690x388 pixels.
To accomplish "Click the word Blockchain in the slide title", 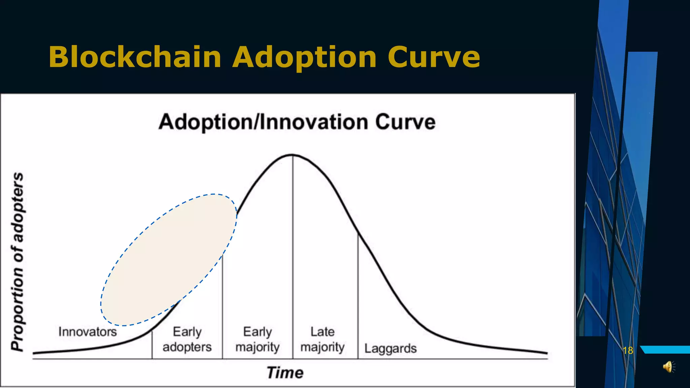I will [x=135, y=57].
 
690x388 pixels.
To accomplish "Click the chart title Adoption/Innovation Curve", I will [x=297, y=122].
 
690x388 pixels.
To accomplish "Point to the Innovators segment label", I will [x=88, y=332].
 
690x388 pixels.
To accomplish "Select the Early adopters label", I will [x=187, y=339].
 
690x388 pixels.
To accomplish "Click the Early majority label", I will [x=257, y=339].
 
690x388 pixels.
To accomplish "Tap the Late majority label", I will [x=322, y=339].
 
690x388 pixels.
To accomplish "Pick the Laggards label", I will [x=390, y=348].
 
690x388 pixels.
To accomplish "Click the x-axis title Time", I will [x=285, y=373].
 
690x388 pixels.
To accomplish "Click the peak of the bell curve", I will [x=292, y=155].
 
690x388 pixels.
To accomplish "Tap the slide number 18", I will [x=628, y=351].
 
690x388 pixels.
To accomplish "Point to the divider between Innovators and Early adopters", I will [x=152, y=345].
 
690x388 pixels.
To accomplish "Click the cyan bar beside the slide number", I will [x=665, y=350].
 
